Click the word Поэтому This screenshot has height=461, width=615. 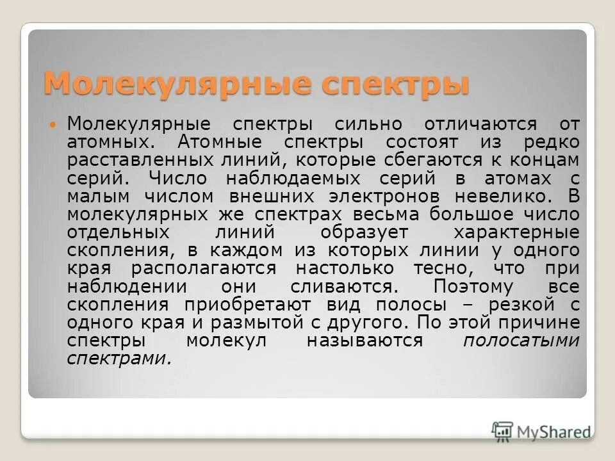pos(473,286)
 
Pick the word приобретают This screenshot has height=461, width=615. pos(258,305)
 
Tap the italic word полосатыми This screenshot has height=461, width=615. pos(521,341)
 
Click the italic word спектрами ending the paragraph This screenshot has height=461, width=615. pos(119,359)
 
